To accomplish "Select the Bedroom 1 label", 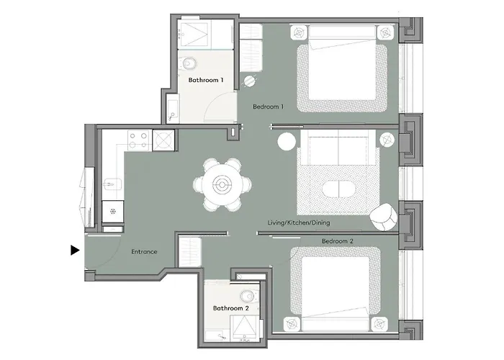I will tap(269, 107).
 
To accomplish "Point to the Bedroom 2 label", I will tap(337, 240).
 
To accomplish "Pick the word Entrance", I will tap(144, 251).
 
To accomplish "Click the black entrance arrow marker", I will tap(74, 251).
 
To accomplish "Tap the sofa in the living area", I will tap(338, 148).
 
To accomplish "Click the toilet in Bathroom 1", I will tap(189, 62).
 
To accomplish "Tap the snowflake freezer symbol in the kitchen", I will tap(112, 213).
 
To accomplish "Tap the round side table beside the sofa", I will tap(285, 140).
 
